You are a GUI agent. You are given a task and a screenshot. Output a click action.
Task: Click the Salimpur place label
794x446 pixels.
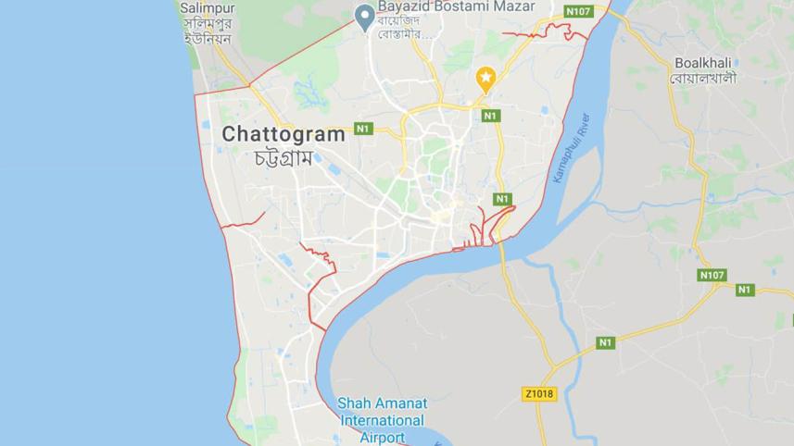[208, 7]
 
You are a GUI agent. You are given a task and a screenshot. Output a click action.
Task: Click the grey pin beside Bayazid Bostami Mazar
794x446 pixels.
[366, 16]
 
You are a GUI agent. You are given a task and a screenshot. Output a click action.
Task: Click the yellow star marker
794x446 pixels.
[485, 78]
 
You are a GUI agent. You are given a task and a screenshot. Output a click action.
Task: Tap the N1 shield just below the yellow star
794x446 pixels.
[490, 116]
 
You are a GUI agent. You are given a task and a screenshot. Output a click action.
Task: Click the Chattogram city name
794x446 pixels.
[284, 134]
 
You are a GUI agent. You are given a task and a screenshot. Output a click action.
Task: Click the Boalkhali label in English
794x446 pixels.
[704, 62]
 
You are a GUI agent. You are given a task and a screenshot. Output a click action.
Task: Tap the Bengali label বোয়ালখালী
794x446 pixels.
[704, 78]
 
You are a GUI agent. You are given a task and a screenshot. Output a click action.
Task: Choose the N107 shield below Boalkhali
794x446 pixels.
[712, 275]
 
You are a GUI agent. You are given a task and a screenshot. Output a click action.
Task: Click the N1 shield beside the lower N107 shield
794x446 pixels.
[745, 290]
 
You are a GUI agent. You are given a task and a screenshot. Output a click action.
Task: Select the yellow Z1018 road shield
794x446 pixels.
[539, 393]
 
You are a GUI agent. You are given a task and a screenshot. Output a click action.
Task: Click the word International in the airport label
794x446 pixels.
[380, 420]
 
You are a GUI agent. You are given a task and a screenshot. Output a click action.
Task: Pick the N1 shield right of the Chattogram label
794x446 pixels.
[363, 129]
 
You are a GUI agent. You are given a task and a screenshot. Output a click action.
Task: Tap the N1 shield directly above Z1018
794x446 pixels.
[605, 342]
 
